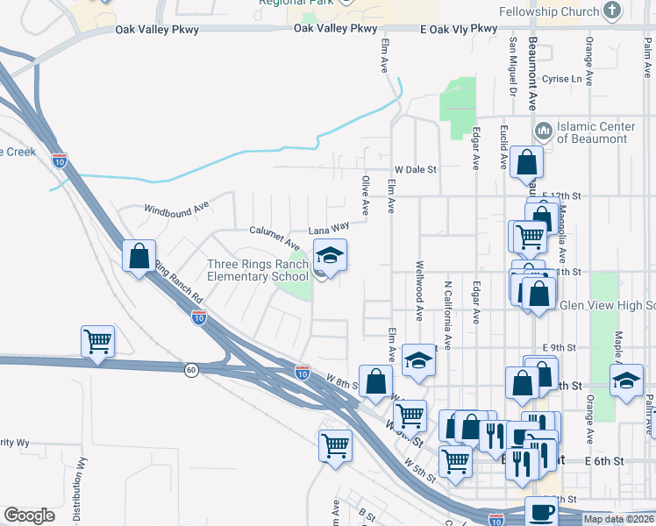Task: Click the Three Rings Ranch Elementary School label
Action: click(258, 270)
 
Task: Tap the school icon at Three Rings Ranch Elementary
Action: click(330, 256)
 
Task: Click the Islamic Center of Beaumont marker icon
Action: click(542, 131)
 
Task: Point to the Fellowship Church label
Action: click(548, 12)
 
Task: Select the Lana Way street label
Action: click(329, 227)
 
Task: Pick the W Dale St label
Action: click(415, 169)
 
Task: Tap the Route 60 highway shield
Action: click(190, 370)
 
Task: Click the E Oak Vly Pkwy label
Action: click(459, 29)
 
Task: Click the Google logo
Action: click(29, 515)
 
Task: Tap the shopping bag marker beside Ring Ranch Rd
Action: click(139, 257)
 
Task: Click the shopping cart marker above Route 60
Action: click(98, 341)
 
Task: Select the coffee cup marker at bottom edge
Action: click(540, 511)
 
